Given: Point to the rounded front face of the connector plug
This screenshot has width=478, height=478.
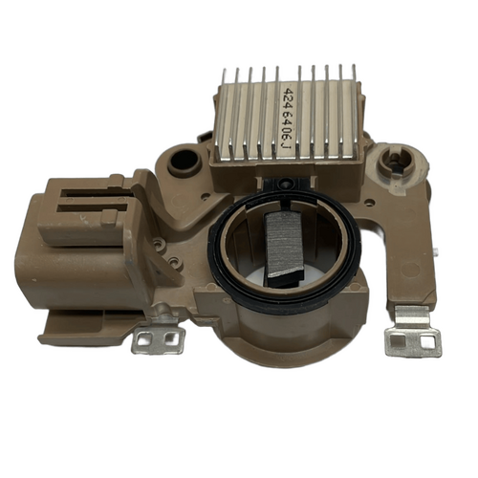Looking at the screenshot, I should coord(38,263).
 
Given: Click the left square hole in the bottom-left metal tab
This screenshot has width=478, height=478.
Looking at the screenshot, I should coord(146,339).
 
